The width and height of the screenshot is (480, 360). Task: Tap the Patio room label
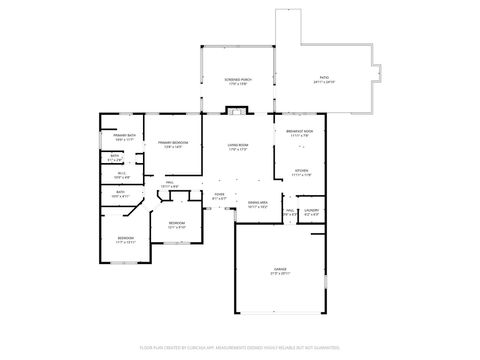pos(323,78)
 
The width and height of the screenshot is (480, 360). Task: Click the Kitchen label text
pos(302,172)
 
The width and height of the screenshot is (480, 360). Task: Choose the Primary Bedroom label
pos(173,144)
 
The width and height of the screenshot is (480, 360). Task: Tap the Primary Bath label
pos(125,136)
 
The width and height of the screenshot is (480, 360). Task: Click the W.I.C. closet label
pos(120,175)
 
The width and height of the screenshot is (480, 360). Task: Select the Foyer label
pos(219,196)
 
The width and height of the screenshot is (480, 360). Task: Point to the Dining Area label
pos(258,203)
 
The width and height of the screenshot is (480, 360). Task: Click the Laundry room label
pos(312,211)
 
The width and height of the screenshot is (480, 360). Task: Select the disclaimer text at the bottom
pos(239,347)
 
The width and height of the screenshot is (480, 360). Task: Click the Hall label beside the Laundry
pos(289,211)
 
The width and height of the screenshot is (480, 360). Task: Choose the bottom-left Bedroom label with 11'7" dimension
pos(125,239)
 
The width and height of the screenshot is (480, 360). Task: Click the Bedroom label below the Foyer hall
pos(176,223)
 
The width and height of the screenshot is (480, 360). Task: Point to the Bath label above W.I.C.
pos(115,156)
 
